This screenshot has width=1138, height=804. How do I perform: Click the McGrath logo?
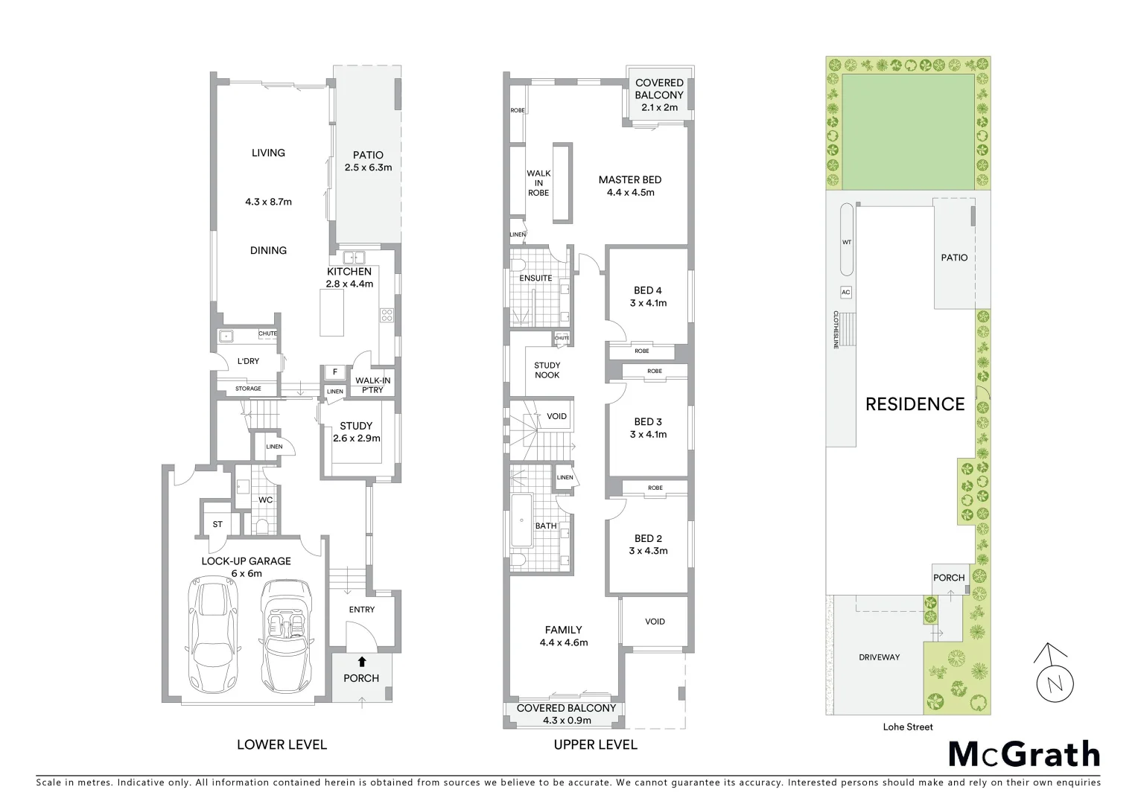click(x=1023, y=754)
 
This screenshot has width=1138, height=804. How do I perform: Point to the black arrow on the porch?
click(x=362, y=660)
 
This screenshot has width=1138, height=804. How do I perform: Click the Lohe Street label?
click(x=908, y=727)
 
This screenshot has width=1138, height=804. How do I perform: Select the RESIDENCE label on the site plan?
click(x=915, y=404)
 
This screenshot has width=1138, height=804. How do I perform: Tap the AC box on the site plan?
click(x=845, y=293)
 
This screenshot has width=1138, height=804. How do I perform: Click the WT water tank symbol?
click(x=847, y=241)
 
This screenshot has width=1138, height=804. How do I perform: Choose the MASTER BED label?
click(x=629, y=179)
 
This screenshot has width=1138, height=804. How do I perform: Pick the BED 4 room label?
click(x=647, y=290)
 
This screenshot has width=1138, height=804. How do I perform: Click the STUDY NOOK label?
click(x=547, y=370)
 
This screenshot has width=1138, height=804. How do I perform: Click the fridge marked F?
click(x=335, y=372)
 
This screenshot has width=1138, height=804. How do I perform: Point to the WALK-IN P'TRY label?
click(x=372, y=385)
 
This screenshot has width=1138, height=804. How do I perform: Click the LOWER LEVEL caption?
click(x=282, y=744)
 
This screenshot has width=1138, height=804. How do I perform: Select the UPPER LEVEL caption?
click(x=595, y=744)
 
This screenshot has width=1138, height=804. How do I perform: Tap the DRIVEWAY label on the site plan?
click(x=879, y=657)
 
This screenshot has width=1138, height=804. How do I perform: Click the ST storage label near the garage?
click(x=217, y=524)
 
